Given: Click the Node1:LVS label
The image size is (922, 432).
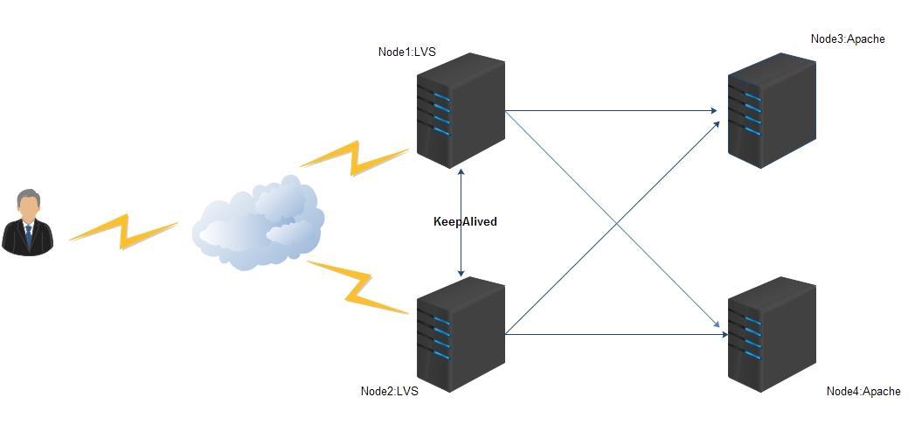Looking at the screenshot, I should coord(406,52).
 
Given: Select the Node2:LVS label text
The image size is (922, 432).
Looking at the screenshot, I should coord(389,391).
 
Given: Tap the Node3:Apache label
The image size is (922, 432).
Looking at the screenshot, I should coord(847,38).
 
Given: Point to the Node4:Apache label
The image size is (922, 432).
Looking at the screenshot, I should coord(863,391).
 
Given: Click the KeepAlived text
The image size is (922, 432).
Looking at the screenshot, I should coord(465,222).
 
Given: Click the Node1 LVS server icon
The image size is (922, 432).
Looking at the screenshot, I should coord(461,110).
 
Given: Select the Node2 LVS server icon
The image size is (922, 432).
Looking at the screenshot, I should coord(461,334).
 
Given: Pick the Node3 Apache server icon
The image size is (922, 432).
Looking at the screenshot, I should coord(772,110).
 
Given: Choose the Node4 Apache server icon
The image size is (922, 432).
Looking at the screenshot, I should coord(772,336).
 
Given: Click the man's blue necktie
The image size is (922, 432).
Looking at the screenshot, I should coord(28,234).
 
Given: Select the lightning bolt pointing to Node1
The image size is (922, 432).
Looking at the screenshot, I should coord(354,157).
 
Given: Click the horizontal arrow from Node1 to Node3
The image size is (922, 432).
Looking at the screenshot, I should coord(612,111).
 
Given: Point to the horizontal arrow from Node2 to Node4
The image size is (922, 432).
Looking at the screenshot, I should coord(612,334).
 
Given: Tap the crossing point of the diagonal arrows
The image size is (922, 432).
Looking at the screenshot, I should coord(617,223).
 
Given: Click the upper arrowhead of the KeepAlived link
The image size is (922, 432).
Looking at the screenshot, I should coord(461,171).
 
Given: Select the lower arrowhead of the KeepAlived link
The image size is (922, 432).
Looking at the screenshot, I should coord(461,274).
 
